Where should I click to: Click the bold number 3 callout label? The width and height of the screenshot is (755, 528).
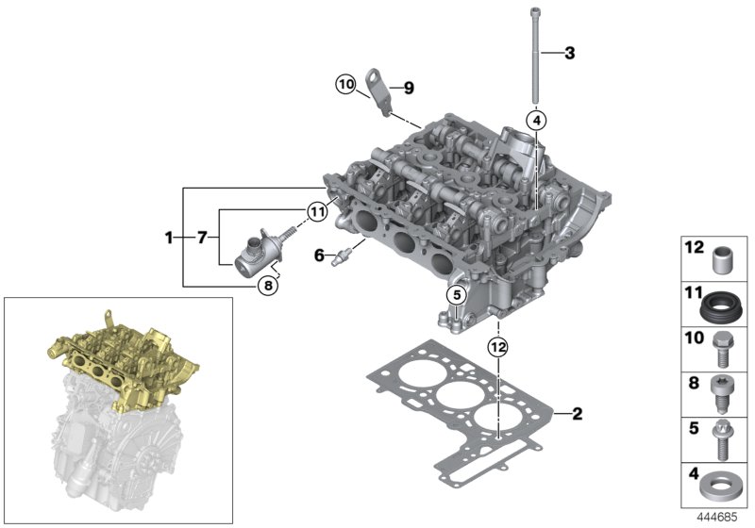tap(569, 53)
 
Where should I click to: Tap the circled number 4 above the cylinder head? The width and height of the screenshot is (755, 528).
tap(536, 121)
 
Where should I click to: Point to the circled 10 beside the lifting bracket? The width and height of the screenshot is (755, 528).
tap(345, 85)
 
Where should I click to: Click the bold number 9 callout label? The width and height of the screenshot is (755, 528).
tap(409, 89)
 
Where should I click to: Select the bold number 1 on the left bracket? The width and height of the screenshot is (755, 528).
tap(170, 239)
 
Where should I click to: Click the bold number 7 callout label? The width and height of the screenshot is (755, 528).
tap(201, 239)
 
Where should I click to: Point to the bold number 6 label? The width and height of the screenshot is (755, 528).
tap(318, 256)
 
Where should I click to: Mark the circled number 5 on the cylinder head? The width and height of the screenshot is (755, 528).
tap(456, 295)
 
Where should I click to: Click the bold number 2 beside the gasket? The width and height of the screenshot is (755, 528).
tap(577, 413)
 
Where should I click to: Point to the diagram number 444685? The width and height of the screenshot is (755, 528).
tap(719, 517)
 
